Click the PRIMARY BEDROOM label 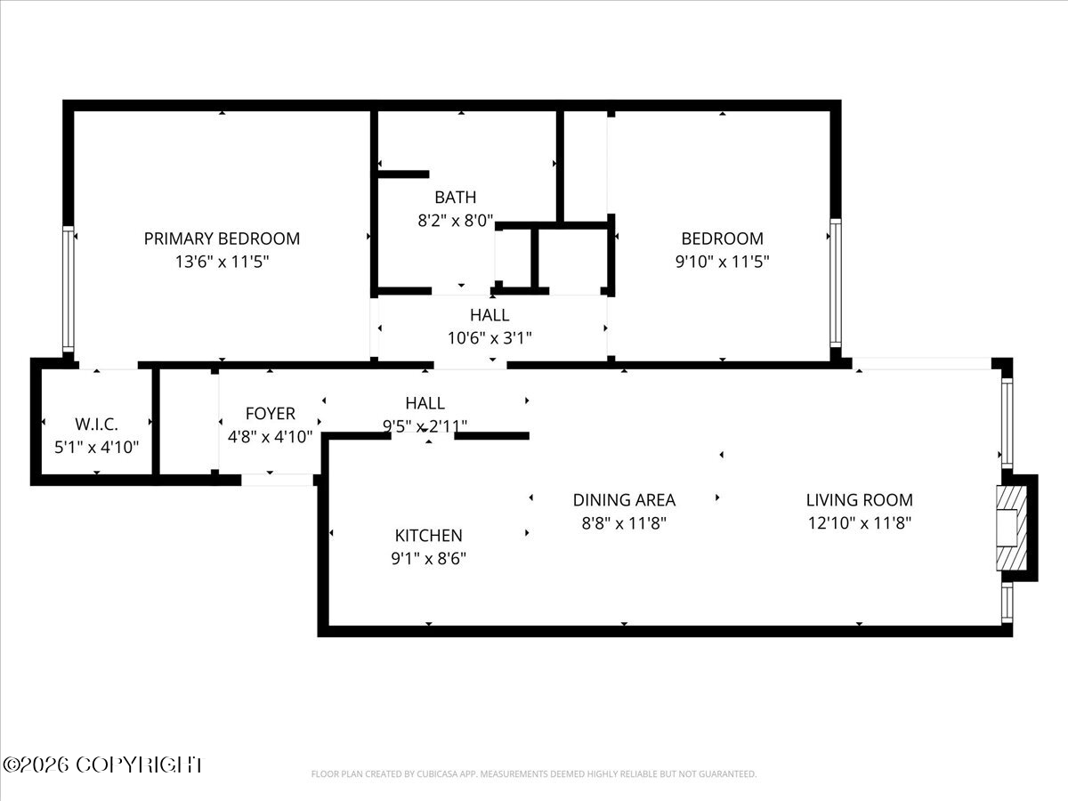(222, 239)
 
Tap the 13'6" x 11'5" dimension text (222, 262)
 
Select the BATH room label (455, 197)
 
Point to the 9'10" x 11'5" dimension (722, 262)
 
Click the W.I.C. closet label (96, 425)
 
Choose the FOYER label (270, 414)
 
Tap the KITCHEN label (428, 535)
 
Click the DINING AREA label (623, 500)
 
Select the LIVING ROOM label (859, 500)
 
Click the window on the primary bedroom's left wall (69, 288)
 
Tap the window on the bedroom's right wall (834, 282)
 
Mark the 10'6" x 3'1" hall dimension (489, 337)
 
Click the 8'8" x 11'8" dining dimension (623, 523)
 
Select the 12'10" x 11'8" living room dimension (859, 523)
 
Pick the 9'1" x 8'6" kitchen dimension (428, 558)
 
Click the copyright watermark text (102, 765)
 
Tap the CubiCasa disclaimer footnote (534, 773)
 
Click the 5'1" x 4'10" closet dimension (96, 447)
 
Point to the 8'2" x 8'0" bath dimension (455, 220)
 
